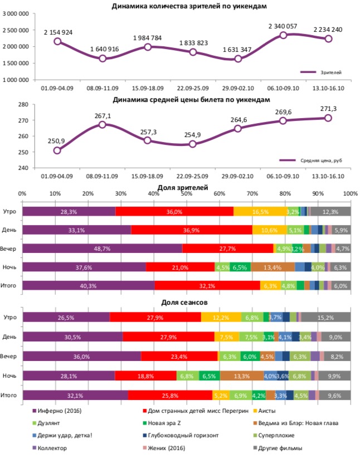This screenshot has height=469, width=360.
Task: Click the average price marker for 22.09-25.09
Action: [x=193, y=144]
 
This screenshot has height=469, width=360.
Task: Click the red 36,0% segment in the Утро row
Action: [x=174, y=212]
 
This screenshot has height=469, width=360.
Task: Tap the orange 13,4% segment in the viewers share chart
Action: [x=273, y=267]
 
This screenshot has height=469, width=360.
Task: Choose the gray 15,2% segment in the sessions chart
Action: [x=325, y=317]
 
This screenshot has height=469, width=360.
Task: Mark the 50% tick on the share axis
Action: [x=186, y=193]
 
